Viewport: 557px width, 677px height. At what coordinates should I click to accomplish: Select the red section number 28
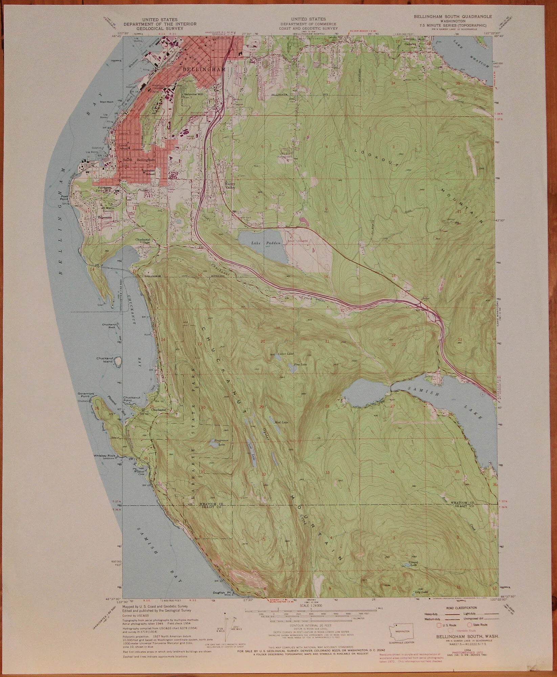327,406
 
